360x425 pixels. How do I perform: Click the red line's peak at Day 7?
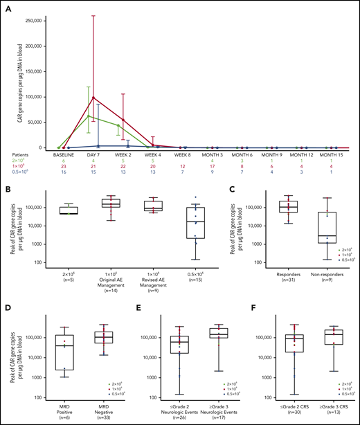93,98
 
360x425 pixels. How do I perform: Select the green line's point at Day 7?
88,116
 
